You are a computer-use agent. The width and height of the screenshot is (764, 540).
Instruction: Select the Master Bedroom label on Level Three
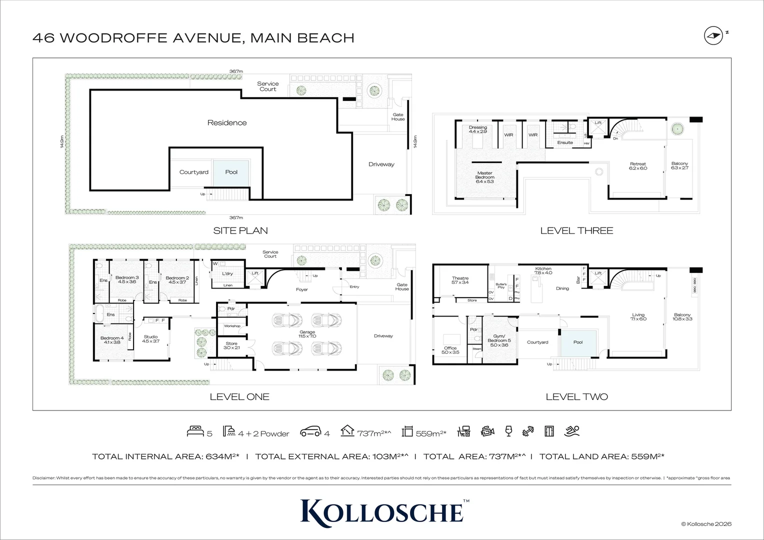click(x=484, y=175)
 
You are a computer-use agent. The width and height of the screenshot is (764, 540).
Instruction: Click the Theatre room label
click(x=460, y=280)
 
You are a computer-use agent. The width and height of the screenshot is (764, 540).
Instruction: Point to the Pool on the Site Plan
click(x=231, y=172)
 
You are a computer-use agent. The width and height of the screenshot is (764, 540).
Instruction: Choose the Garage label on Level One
click(x=307, y=334)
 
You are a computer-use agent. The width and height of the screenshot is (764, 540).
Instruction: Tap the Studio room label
click(x=150, y=338)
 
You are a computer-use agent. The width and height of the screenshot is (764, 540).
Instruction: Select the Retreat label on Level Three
click(x=637, y=166)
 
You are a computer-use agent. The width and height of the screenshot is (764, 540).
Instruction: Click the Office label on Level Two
click(x=450, y=350)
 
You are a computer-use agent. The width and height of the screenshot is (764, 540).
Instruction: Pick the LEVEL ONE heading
click(x=239, y=397)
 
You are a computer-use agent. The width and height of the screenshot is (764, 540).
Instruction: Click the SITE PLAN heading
click(x=240, y=230)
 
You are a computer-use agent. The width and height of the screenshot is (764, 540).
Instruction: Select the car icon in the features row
click(x=310, y=432)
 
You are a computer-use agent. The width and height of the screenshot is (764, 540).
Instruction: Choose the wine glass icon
click(x=508, y=431)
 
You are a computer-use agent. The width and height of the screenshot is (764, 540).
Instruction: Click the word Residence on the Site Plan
click(x=227, y=122)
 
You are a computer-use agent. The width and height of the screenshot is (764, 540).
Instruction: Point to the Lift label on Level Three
click(x=598, y=122)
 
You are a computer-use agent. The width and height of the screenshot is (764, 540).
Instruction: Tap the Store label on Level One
click(x=231, y=345)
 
